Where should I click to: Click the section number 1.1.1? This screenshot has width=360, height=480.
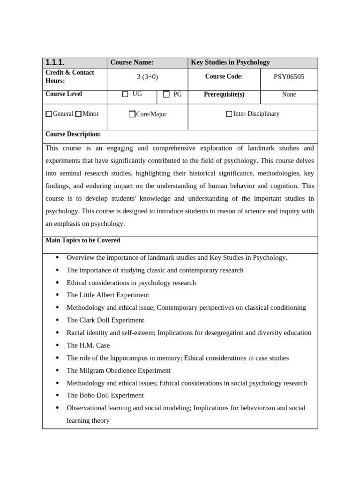coord(55,63)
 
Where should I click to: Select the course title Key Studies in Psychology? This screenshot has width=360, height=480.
coord(230,62)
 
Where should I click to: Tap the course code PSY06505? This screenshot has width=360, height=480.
coord(289,77)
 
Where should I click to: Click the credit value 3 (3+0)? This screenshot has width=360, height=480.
coord(147,77)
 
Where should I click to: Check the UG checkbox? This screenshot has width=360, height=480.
coord(125,94)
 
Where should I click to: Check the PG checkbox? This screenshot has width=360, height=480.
coord(166,94)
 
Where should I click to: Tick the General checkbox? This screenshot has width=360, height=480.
coord(49,114)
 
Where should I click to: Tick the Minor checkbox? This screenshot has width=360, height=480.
coord(78,114)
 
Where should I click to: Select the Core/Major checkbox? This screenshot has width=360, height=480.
coord(132,114)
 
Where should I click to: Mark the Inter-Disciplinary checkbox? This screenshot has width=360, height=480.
coord(229,114)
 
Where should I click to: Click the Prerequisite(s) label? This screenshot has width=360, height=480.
coord(224,94)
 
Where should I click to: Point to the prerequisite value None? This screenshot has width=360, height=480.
coord(289,94)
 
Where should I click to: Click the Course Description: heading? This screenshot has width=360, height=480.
coord(73,135)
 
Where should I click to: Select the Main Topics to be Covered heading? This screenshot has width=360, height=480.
coord(82,240)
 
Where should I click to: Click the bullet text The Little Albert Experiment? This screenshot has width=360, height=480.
coord(108,295)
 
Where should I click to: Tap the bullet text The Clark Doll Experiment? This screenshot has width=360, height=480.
coord(105,320)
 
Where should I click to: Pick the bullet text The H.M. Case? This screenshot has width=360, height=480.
coord(88,345)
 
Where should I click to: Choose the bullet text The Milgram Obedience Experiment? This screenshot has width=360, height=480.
coord(119,370)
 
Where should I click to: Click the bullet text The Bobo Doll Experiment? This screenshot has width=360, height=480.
coord(105,395)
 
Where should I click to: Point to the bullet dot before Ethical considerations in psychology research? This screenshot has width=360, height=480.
coord(57,283)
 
